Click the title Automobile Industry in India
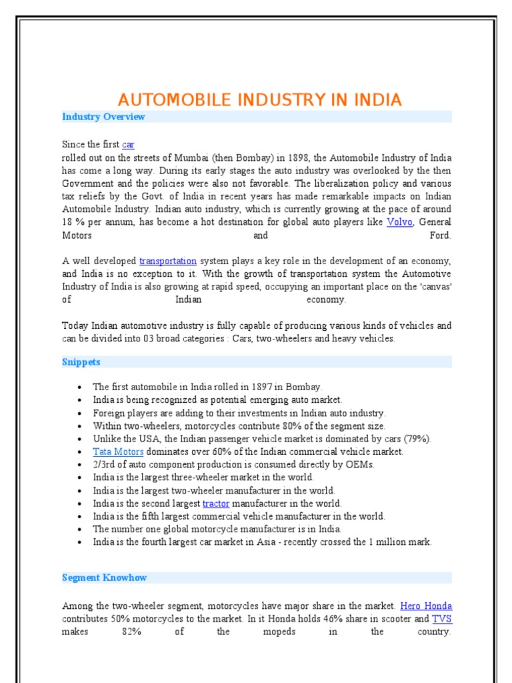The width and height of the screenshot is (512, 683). tap(259, 100)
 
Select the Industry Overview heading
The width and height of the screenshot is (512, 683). tap(103, 117)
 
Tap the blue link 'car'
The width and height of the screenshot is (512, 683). tap(128, 144)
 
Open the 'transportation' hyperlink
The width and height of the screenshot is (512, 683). tap(167, 261)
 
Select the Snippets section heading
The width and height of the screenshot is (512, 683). tap(81, 362)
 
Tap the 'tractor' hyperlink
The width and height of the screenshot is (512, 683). tap(215, 504)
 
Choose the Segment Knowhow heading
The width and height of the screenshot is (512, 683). tap(104, 578)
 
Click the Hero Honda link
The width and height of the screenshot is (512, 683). tap(426, 606)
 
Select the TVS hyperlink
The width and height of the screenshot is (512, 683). tap(442, 618)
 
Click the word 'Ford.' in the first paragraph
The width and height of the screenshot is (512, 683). tap(441, 235)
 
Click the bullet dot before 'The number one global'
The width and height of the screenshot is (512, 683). tap(79, 530)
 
